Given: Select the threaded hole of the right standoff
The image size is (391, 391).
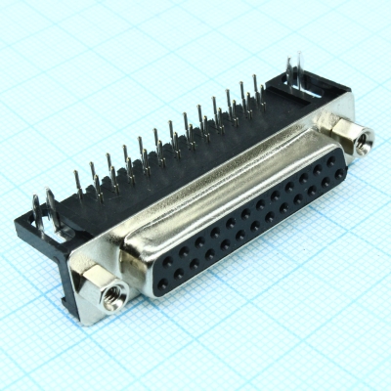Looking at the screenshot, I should pyautogui.click(x=366, y=140).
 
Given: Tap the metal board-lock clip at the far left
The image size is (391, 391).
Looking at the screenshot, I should pyautogui.click(x=41, y=210).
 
